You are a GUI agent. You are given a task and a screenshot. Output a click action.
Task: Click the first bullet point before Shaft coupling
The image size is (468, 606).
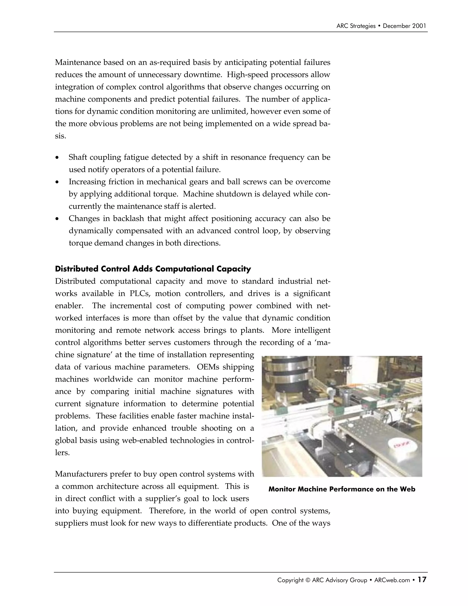coord(57,158)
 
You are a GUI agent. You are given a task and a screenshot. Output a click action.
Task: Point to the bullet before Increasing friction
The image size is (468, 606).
coord(57,182)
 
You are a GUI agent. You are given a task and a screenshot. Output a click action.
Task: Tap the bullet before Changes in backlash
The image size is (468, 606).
coord(57,219)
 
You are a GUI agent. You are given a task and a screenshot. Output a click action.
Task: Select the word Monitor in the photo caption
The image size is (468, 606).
coord(282,489)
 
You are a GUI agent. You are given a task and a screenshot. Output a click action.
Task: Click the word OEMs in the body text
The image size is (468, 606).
coord(208,367)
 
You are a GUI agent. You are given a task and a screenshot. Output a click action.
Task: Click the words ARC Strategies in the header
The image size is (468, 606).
coord(356,26)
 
